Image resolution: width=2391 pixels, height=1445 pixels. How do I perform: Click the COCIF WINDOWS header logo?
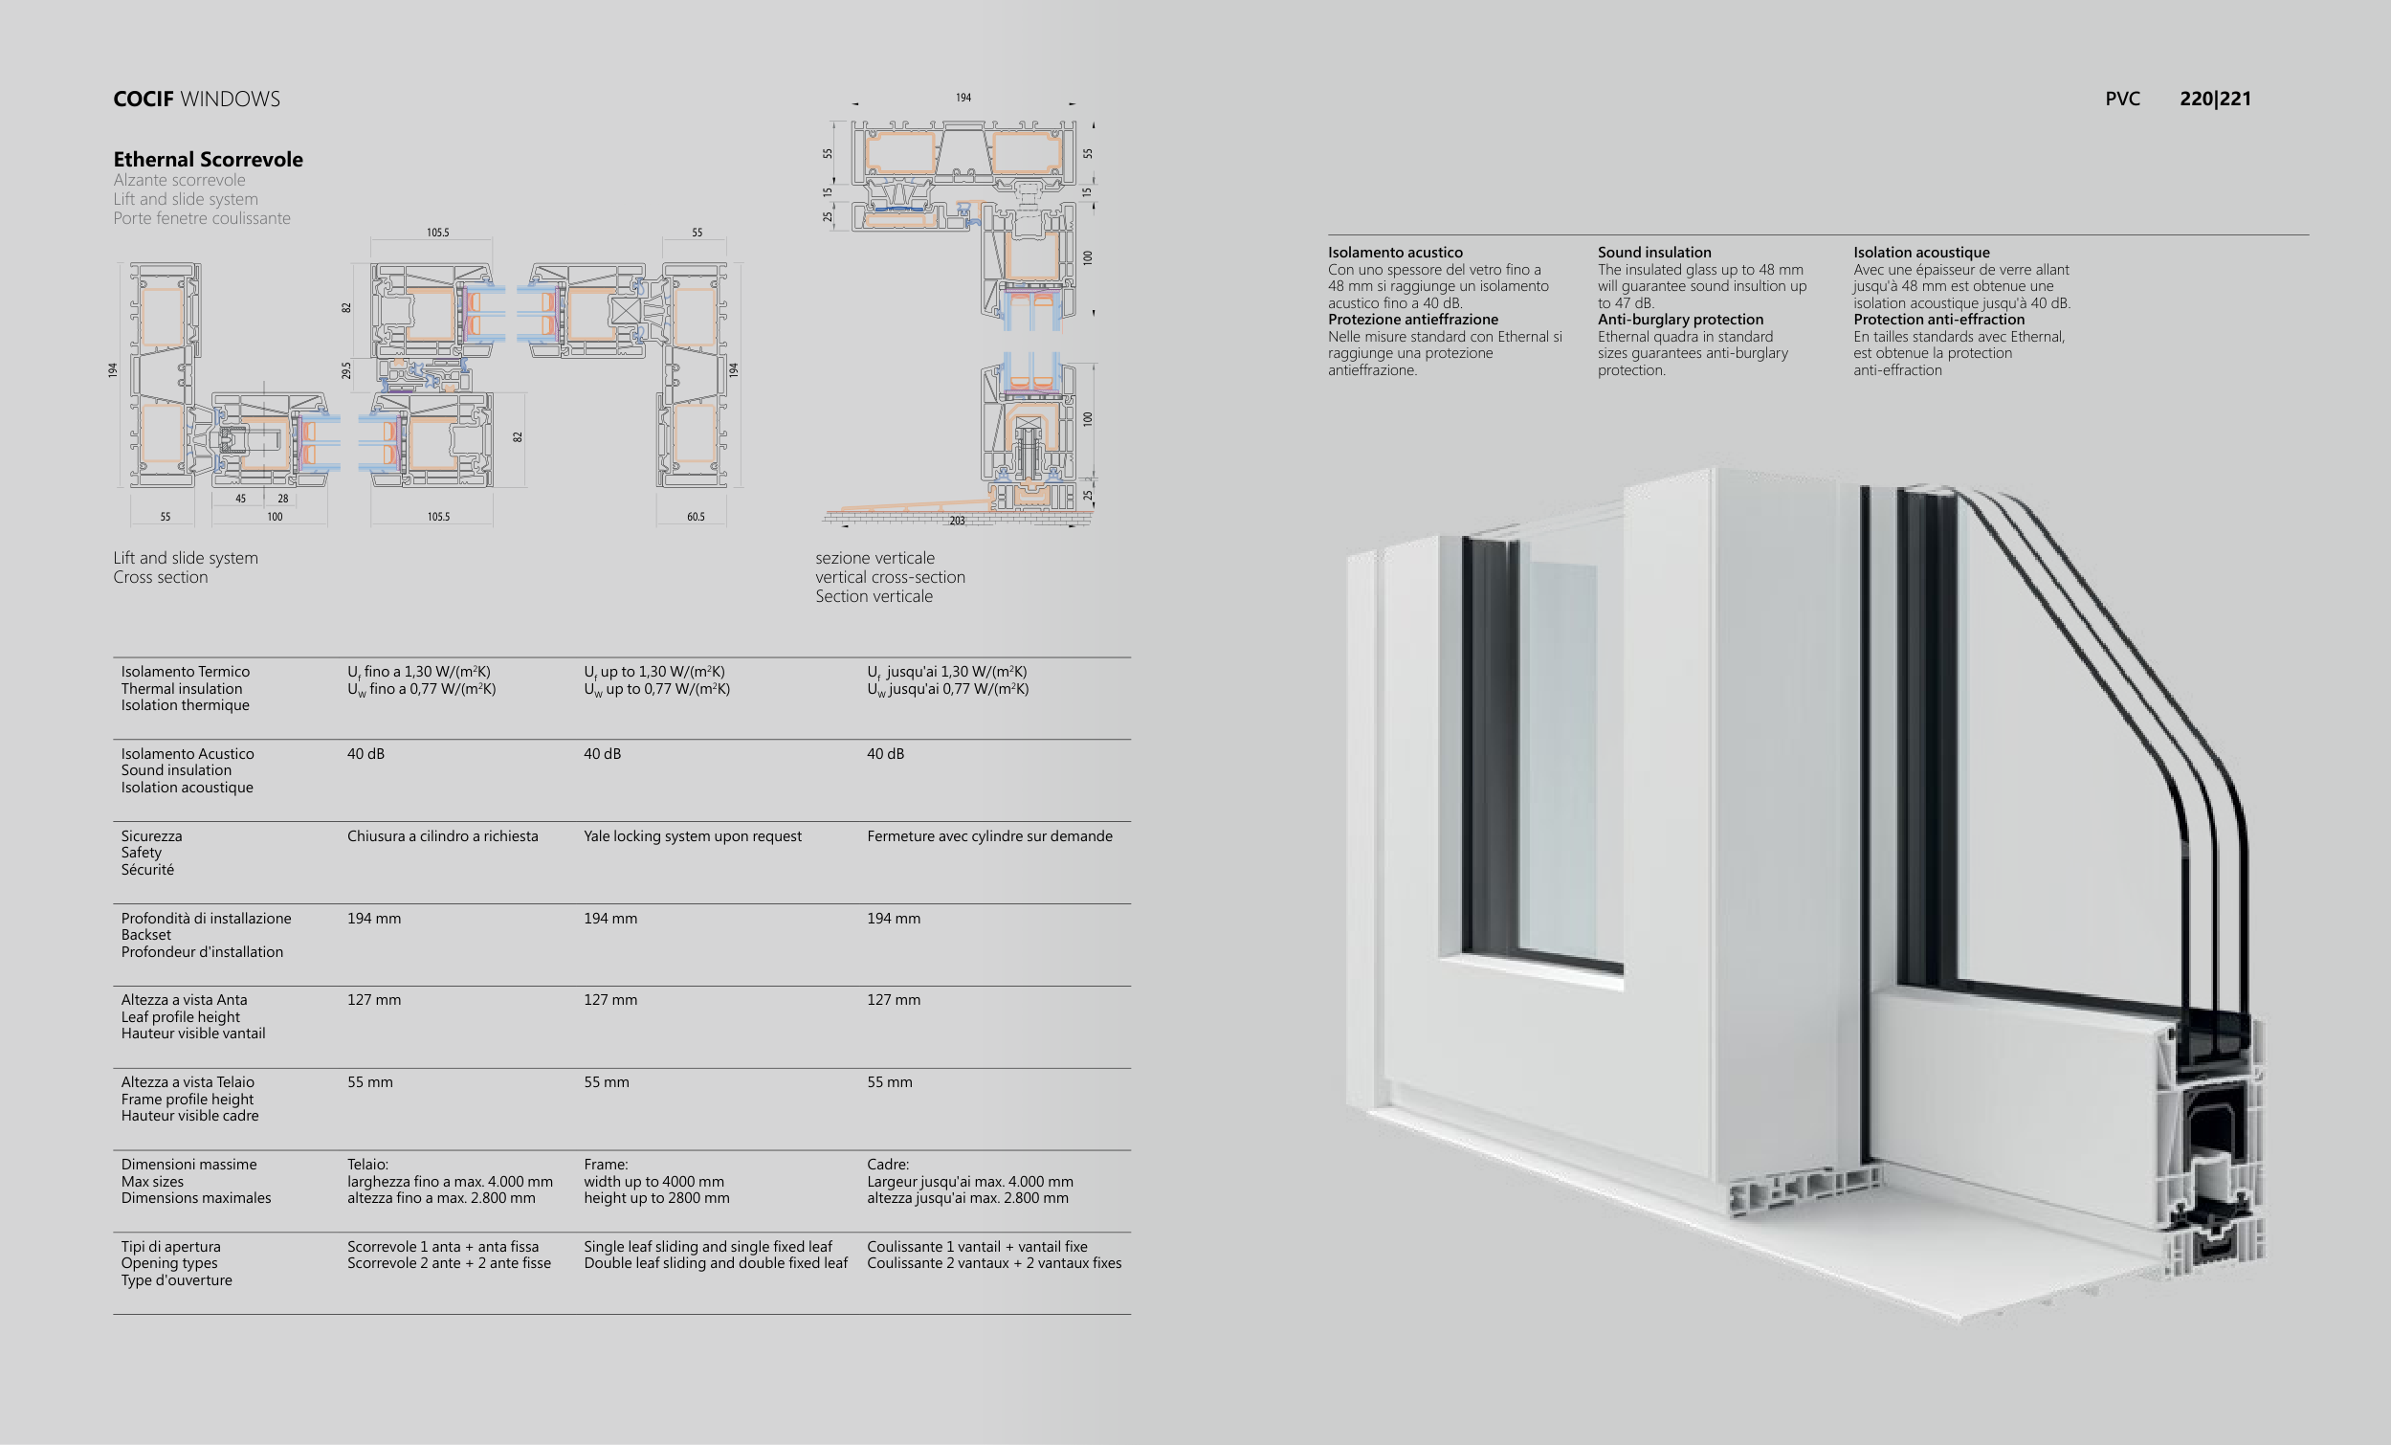[x=196, y=99]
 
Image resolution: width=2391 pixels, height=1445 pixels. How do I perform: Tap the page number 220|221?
[x=2214, y=99]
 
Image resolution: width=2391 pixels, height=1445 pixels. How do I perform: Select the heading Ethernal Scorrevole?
[x=208, y=159]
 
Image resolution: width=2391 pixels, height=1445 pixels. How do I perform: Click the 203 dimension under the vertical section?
[x=957, y=522]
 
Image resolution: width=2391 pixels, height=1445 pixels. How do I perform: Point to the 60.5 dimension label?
[x=696, y=518]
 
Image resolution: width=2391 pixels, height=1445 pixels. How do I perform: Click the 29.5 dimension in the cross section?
[x=346, y=370]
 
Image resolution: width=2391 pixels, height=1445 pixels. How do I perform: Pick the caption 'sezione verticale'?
[x=874, y=558]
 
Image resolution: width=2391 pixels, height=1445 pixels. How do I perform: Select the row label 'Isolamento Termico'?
[x=186, y=672]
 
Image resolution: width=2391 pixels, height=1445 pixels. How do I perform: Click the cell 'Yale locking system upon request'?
[x=692, y=836]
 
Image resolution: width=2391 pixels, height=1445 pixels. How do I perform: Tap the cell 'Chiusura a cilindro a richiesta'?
[x=442, y=836]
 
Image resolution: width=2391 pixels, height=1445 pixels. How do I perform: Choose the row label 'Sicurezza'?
[x=151, y=836]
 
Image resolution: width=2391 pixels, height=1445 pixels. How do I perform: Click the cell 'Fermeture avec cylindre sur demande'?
[x=988, y=836]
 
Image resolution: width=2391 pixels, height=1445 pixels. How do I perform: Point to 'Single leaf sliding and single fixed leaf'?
[x=707, y=1247]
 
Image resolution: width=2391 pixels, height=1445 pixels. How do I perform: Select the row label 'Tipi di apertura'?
[x=170, y=1247]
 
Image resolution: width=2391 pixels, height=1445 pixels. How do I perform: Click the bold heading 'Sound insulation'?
[x=1654, y=253]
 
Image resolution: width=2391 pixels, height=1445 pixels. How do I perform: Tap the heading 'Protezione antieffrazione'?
[x=1413, y=320]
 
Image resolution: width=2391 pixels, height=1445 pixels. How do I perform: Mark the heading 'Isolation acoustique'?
[x=1921, y=253]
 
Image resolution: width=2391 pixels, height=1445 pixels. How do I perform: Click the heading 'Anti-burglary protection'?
[x=1680, y=320]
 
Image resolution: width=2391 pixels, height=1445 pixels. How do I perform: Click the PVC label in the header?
[x=2122, y=99]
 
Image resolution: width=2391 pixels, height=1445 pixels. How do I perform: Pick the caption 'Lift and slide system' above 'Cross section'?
[x=186, y=558]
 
